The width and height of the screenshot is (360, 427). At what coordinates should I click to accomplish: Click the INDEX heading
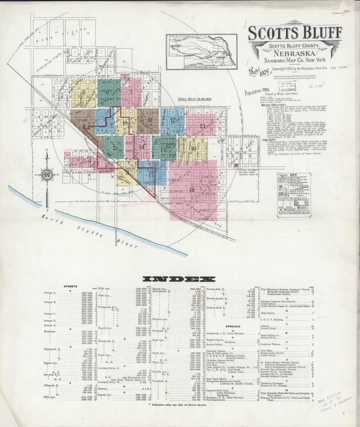[179, 279]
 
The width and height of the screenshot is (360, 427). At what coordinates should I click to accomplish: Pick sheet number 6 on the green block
[107, 91]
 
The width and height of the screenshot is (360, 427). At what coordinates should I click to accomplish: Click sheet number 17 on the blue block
[151, 174]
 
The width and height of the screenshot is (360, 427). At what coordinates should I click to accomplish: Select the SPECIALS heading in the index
[234, 326]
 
